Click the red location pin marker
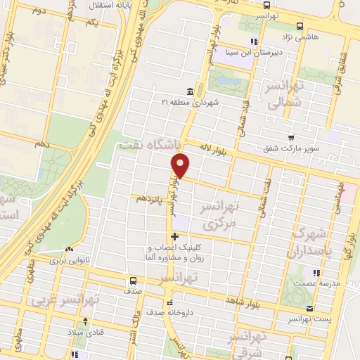click(181, 165)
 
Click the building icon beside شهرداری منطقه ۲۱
click(190, 91)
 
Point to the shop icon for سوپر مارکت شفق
click(290, 137)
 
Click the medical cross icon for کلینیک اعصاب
click(174, 236)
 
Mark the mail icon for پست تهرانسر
click(310, 309)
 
